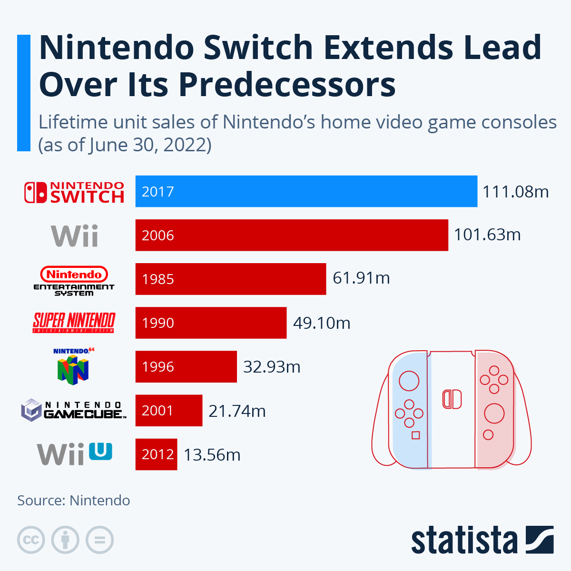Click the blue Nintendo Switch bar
click(306, 191)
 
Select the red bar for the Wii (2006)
click(292, 235)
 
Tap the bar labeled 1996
click(186, 366)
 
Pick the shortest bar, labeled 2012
click(156, 454)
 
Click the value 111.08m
click(515, 192)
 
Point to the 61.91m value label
click(361, 278)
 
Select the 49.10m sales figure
click(322, 323)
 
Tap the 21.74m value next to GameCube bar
click(237, 411)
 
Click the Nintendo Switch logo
click(74, 192)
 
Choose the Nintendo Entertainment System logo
click(74, 281)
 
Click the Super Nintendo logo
click(74, 323)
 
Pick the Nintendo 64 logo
click(73, 366)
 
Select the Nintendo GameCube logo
click(74, 410)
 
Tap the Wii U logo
click(75, 454)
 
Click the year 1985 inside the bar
click(158, 279)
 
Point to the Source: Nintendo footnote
click(73, 501)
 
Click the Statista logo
click(482, 540)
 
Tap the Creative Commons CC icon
click(31, 540)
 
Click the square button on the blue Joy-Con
click(415, 435)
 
